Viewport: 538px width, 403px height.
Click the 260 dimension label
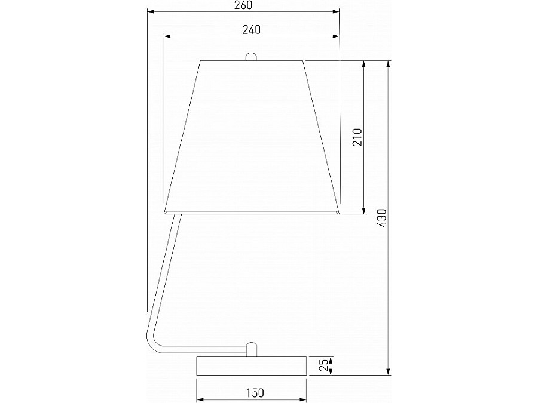pyautogui.click(x=243, y=5)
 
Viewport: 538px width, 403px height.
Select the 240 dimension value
pyautogui.click(x=252, y=30)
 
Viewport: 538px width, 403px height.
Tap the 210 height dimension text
pyautogui.click(x=357, y=137)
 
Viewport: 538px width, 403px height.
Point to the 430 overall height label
pyautogui.click(x=382, y=218)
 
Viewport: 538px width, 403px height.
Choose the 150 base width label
pyautogui.click(x=255, y=393)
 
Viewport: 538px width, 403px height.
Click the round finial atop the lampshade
pyautogui.click(x=252, y=57)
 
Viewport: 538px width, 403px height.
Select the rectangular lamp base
pyautogui.click(x=252, y=366)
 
